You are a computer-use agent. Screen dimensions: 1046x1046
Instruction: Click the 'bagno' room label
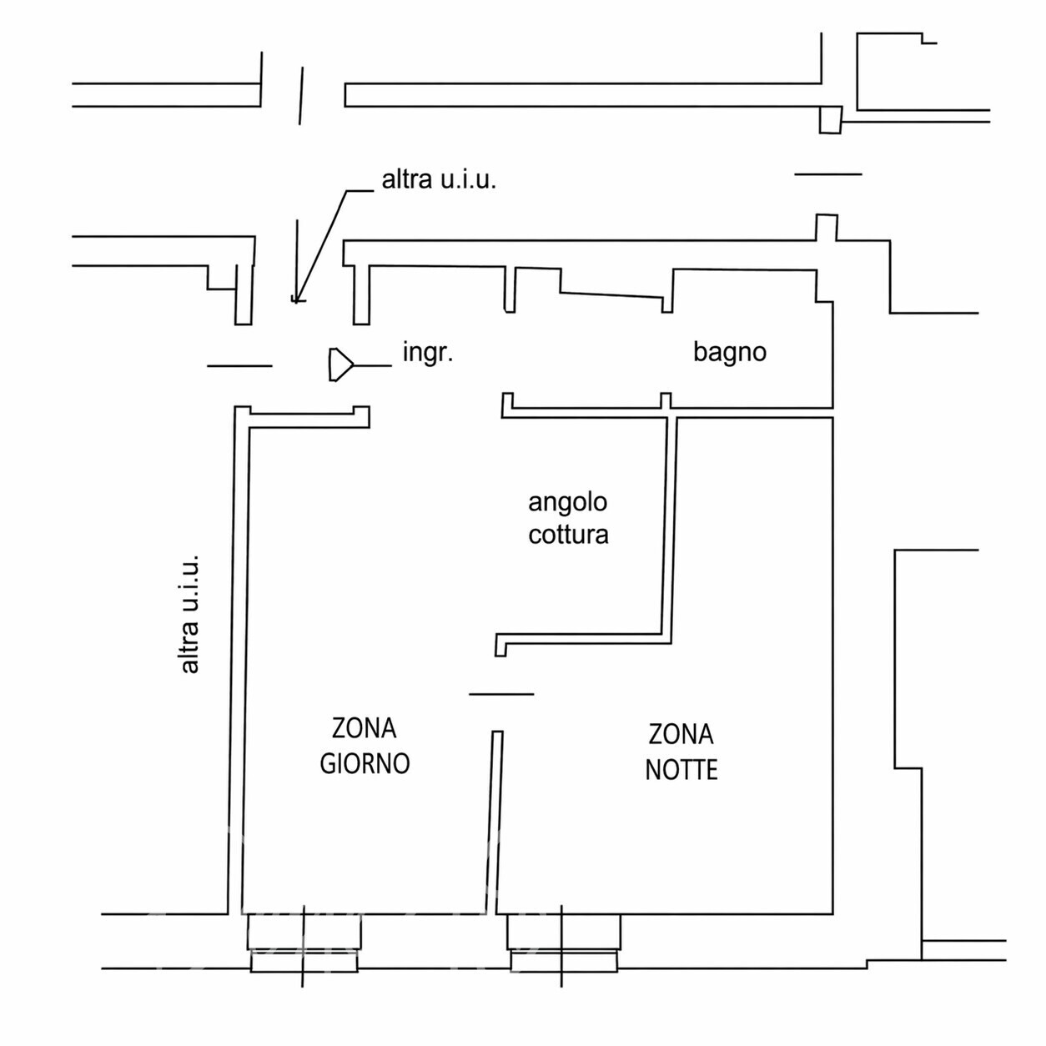730,353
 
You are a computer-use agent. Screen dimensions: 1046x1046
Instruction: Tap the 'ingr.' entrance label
428,353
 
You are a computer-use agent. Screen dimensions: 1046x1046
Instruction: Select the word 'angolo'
568,503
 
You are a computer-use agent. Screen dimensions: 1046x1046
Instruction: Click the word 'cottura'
568,535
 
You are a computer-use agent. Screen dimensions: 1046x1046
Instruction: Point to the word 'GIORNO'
365,764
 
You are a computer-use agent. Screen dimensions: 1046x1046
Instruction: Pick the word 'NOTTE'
681,770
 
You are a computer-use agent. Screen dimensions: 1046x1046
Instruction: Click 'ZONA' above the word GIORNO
365,728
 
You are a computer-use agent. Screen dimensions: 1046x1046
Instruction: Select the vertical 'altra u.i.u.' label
190,614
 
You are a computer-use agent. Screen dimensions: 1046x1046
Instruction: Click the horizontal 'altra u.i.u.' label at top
439,179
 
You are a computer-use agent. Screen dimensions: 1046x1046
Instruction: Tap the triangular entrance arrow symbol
340,365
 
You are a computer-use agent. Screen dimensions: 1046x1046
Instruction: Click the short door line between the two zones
501,694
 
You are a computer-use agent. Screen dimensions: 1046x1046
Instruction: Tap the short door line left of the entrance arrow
239,366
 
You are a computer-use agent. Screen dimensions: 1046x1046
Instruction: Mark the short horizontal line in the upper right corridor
828,174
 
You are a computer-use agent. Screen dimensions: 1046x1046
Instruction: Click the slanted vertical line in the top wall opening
301,96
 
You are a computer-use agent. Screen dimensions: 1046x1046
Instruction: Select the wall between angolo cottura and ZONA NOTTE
669,529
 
